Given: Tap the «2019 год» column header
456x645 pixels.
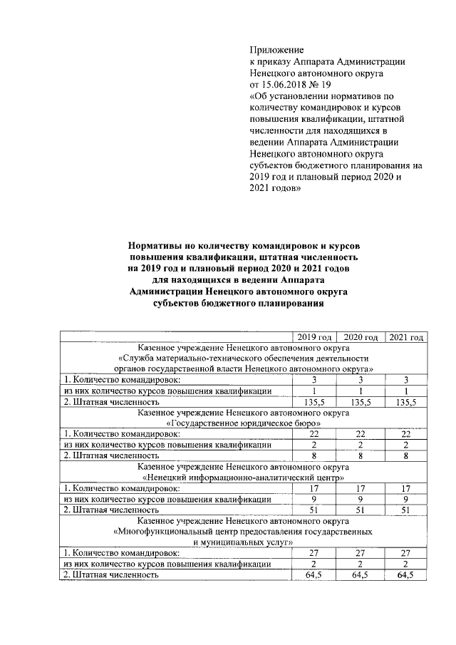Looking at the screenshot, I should click(314, 336).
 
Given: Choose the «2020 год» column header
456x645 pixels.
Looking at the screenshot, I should click(360, 336).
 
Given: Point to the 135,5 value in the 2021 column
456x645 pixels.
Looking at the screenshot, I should click(405, 401).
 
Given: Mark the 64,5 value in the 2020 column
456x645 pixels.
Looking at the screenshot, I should click(360, 574).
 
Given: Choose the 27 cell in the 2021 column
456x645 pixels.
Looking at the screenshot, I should click(405, 552).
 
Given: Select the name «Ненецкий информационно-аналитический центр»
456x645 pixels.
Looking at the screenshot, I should click(243, 478).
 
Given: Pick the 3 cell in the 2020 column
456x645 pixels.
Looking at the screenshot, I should click(360, 380).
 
